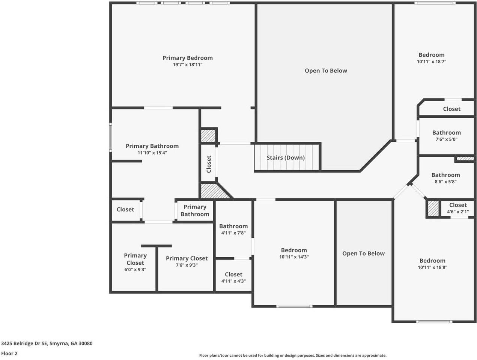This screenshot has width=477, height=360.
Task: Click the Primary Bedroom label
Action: point(187,58)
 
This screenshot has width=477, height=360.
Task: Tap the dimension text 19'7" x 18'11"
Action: point(187,64)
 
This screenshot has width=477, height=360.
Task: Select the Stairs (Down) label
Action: point(286,157)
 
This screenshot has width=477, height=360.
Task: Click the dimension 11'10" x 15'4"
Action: point(152,153)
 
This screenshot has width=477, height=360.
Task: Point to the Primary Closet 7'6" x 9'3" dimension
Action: point(187,265)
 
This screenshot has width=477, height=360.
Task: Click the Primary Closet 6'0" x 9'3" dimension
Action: point(135,270)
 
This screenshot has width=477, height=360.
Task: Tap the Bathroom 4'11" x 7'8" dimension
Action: point(233,233)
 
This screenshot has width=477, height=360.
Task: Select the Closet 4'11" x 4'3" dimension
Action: point(233,281)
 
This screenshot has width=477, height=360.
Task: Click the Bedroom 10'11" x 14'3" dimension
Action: point(294,257)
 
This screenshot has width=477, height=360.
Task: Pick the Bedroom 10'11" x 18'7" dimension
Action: point(432,61)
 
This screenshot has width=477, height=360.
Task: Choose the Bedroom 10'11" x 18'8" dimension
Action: point(432,267)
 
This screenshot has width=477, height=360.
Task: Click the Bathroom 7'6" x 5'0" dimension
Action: point(446,139)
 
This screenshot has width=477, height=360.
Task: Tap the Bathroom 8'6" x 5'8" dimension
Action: point(445,181)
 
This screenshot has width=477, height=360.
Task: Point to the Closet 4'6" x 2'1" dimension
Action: point(458,212)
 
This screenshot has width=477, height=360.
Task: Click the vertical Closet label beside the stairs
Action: point(209,164)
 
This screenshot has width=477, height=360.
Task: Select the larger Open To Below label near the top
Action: point(326,70)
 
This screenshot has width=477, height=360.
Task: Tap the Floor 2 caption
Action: point(9,353)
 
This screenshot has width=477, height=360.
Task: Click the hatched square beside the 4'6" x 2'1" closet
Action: point(433,208)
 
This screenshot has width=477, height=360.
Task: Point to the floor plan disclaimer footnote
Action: point(292,355)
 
